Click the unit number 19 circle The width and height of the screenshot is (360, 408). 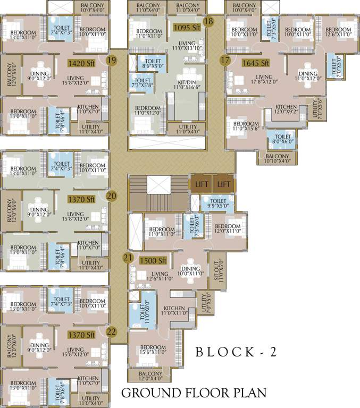pos(111,60)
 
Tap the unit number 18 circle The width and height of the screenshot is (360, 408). pos(208,21)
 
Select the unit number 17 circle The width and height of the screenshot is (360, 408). pos(225,60)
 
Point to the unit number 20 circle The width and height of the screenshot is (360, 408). pos(111,195)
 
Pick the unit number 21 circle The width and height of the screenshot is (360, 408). pos(128,258)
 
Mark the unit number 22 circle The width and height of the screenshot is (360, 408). pos(111,332)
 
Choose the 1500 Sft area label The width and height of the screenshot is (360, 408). pos(153,261)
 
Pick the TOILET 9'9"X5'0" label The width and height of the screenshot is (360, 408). pos(217,203)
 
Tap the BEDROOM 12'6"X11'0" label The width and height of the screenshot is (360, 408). pos(338,32)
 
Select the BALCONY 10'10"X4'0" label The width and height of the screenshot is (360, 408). pos(277,158)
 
